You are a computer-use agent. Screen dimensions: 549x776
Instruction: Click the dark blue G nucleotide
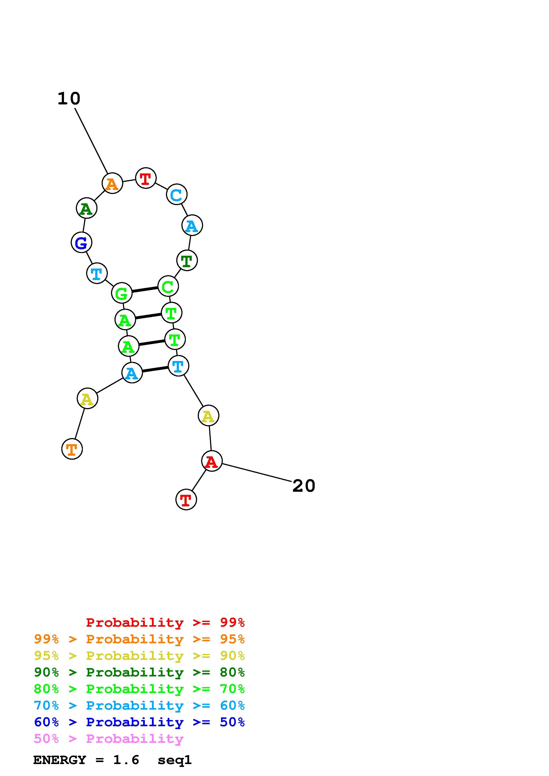point(81,242)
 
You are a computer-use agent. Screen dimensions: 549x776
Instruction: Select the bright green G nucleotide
point(121,293)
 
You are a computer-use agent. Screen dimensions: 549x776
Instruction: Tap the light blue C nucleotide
point(177,195)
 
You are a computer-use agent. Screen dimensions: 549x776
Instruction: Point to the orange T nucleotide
point(72,449)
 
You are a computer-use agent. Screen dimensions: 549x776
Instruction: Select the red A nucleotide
point(212,461)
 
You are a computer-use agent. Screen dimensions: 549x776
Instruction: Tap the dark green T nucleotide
point(187,260)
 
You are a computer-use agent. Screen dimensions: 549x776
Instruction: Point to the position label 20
point(303,486)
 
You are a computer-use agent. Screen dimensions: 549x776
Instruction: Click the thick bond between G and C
point(145,290)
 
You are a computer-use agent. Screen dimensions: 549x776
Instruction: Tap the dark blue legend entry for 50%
point(139,722)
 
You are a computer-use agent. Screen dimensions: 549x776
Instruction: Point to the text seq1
point(175,760)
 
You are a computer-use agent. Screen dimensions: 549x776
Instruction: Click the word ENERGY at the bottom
point(60,760)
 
